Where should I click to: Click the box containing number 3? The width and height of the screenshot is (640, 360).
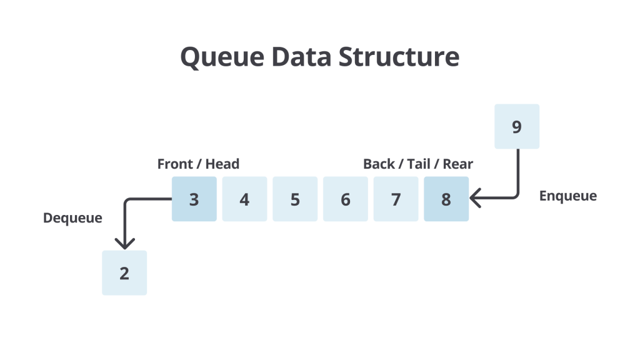[194, 199]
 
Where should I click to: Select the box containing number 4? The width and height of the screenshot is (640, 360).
[244, 199]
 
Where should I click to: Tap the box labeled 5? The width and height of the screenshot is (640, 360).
[295, 199]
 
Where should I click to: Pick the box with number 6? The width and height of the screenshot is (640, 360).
[345, 199]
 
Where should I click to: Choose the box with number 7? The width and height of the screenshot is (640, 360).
[396, 199]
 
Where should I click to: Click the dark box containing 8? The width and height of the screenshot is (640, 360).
[446, 199]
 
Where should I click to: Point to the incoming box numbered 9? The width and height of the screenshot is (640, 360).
[516, 127]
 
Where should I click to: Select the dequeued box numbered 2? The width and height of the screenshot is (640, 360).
[124, 273]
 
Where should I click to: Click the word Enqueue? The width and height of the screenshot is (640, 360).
[567, 196]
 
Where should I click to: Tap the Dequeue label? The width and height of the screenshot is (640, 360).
[72, 218]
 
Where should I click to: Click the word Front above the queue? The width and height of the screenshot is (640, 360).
[175, 164]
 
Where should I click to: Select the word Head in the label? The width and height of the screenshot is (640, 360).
[222, 164]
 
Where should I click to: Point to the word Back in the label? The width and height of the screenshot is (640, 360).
[379, 164]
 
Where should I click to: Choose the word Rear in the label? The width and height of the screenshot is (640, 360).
[457, 164]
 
